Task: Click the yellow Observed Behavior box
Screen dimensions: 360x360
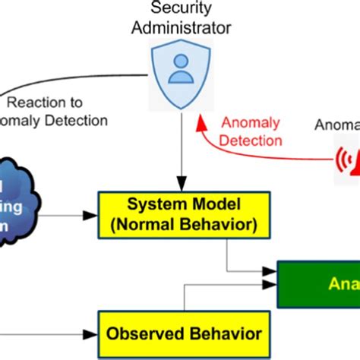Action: tap(184, 333)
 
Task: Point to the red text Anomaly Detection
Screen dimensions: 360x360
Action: tap(251, 131)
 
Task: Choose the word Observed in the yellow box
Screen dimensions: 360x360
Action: tap(145, 333)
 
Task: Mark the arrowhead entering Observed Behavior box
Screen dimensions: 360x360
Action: tap(93, 333)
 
